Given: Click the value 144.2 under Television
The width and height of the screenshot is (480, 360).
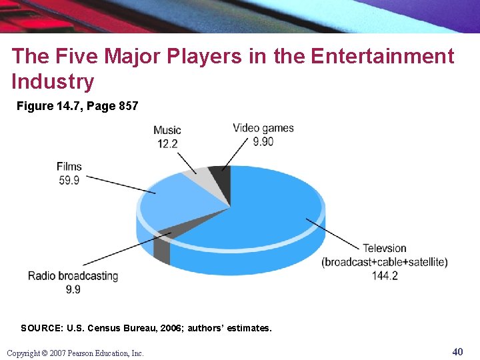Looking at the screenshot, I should click(385, 275).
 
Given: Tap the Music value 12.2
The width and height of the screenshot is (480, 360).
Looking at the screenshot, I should click(167, 143).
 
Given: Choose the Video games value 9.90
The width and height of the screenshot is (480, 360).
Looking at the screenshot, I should click(263, 141).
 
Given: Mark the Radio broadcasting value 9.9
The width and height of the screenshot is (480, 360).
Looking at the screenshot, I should click(73, 289).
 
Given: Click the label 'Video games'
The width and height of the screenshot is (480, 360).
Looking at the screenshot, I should click(263, 128).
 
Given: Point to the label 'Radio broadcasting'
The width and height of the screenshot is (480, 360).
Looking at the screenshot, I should click(73, 276).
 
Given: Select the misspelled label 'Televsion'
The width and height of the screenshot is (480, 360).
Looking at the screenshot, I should click(385, 249).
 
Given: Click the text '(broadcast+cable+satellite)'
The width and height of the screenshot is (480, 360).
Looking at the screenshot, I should click(385, 262).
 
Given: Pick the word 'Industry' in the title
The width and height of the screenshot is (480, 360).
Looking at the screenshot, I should click(53, 81).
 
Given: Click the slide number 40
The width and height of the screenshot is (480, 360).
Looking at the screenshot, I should click(457, 351).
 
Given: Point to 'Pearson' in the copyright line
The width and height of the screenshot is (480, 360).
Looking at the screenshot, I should click(79, 353).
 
